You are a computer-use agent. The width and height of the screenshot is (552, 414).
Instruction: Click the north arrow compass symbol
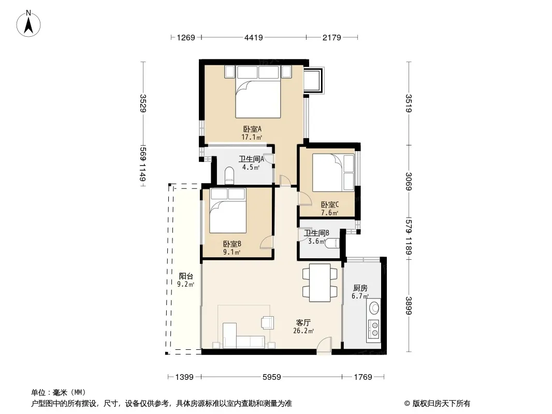(28, 24)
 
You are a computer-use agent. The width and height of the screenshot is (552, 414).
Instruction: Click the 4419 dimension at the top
(253, 37)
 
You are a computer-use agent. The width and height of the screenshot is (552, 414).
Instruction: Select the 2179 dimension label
(331, 37)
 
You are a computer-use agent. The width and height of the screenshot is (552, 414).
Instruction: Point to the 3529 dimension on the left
(143, 103)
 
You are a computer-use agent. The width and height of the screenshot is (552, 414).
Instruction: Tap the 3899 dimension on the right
(409, 306)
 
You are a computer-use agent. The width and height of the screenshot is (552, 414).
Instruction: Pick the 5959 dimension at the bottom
(272, 377)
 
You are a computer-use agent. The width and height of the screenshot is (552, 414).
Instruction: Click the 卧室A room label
(252, 129)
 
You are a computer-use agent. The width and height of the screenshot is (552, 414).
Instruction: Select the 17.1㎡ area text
(252, 137)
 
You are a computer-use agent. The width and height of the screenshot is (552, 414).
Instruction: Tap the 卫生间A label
(251, 159)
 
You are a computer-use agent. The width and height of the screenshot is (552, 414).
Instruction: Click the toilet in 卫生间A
(229, 175)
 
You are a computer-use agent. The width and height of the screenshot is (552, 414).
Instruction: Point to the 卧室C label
(330, 204)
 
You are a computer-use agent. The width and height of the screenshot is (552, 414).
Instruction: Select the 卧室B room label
(232, 244)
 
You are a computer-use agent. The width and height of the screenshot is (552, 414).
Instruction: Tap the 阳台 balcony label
(186, 276)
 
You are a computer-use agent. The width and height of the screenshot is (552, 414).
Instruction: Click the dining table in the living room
(319, 283)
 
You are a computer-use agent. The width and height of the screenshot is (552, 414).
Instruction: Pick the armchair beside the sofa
(268, 322)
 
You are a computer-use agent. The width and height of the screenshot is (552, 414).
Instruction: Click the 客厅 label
(303, 322)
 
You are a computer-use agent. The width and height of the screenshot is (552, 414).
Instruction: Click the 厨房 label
(360, 288)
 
